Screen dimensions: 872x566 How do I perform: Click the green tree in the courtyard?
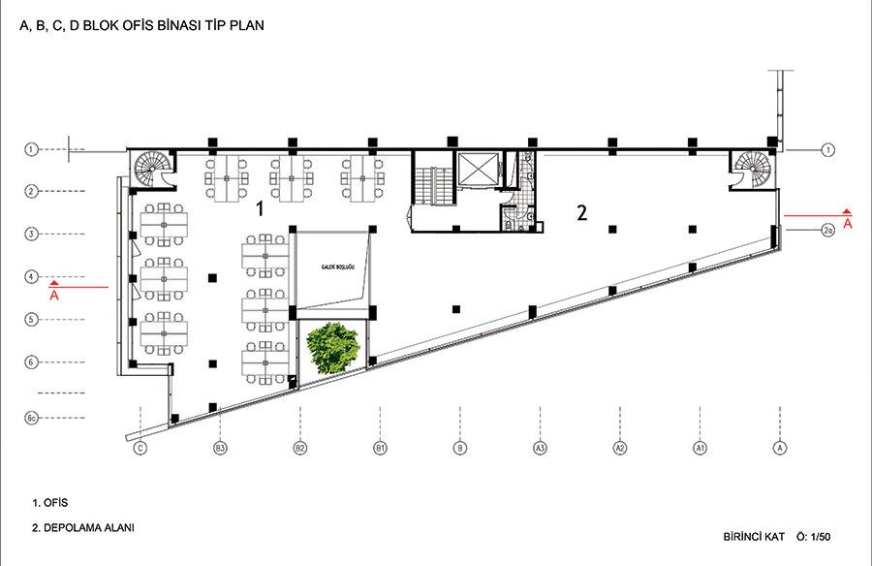[x=333, y=347]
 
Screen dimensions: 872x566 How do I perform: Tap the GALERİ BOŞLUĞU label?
[x=337, y=267]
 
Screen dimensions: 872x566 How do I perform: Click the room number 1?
[x=259, y=208]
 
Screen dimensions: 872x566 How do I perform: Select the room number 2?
[x=581, y=212]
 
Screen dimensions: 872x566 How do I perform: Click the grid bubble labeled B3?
[x=220, y=448]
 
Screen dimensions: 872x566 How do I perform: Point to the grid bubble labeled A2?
[x=619, y=448]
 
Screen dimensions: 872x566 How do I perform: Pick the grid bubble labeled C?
[x=140, y=448]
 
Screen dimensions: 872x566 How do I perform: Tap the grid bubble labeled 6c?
[x=31, y=418]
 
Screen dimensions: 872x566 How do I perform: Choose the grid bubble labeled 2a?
[x=827, y=230]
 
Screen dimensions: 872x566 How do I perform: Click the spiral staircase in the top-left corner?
[x=151, y=168]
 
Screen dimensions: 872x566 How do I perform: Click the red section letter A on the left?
[x=54, y=296]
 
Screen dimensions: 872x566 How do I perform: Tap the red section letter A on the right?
[x=847, y=224]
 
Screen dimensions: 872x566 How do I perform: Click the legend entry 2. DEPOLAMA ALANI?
[x=83, y=527]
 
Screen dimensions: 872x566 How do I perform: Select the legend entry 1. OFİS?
[x=50, y=503]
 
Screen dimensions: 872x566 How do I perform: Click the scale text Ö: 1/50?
[x=813, y=537]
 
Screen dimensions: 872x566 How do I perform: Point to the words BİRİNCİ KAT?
[x=754, y=537]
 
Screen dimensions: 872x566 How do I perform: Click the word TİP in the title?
[x=217, y=25]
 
